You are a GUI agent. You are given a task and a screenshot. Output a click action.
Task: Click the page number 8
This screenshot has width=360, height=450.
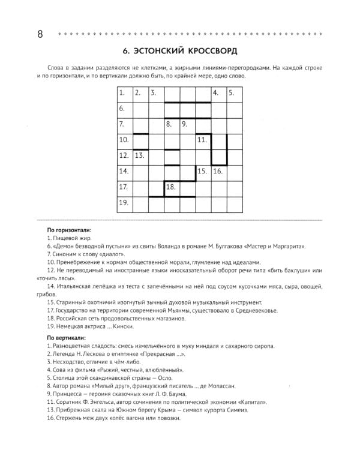point(40,34)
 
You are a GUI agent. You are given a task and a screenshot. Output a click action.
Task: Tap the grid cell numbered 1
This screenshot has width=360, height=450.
point(124,94)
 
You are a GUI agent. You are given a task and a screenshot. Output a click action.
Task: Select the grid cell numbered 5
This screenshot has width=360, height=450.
point(234,94)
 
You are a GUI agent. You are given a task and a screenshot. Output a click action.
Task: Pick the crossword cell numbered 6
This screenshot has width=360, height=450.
point(124,110)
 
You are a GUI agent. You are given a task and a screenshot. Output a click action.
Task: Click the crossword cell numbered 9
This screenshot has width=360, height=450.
point(187,125)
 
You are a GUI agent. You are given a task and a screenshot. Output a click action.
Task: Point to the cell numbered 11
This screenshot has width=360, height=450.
point(203,141)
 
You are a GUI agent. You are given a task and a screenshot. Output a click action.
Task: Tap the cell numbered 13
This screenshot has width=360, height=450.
point(140,157)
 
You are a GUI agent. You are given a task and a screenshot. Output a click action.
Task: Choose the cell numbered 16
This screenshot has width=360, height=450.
point(218,172)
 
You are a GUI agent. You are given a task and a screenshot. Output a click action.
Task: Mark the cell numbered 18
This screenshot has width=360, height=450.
point(172,188)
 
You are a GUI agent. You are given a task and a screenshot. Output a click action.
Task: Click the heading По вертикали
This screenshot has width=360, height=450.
point(67,338)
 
